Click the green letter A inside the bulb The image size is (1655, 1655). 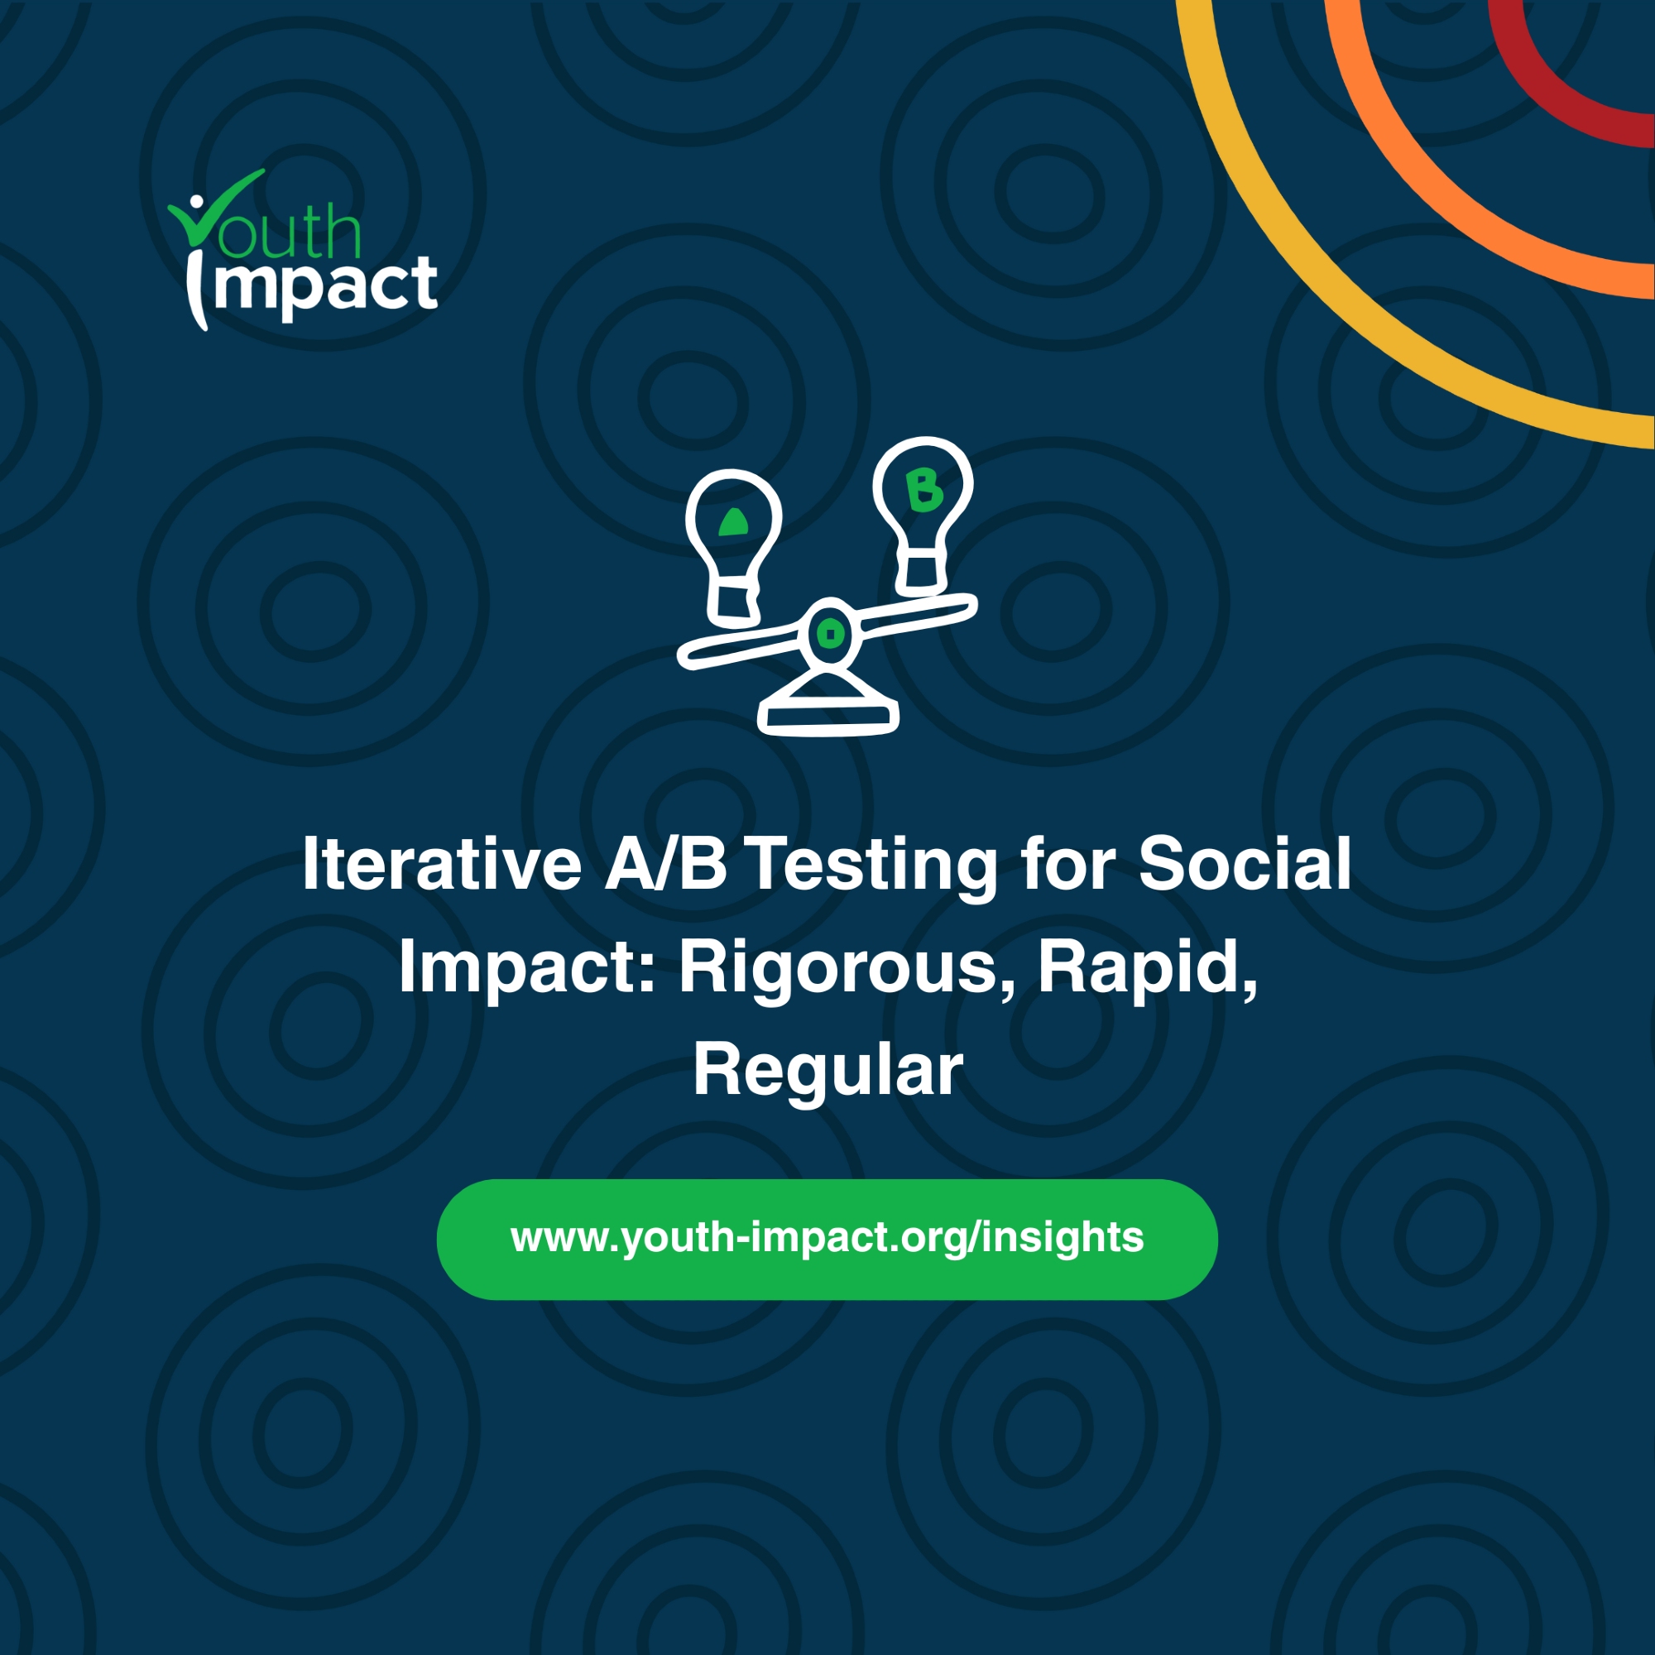pyautogui.click(x=732, y=522)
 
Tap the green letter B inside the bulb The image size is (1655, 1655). pyautogui.click(x=924, y=491)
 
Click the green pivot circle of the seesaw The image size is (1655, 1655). pyautogui.click(x=829, y=634)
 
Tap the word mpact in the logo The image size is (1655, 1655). pyautogui.click(x=326, y=288)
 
